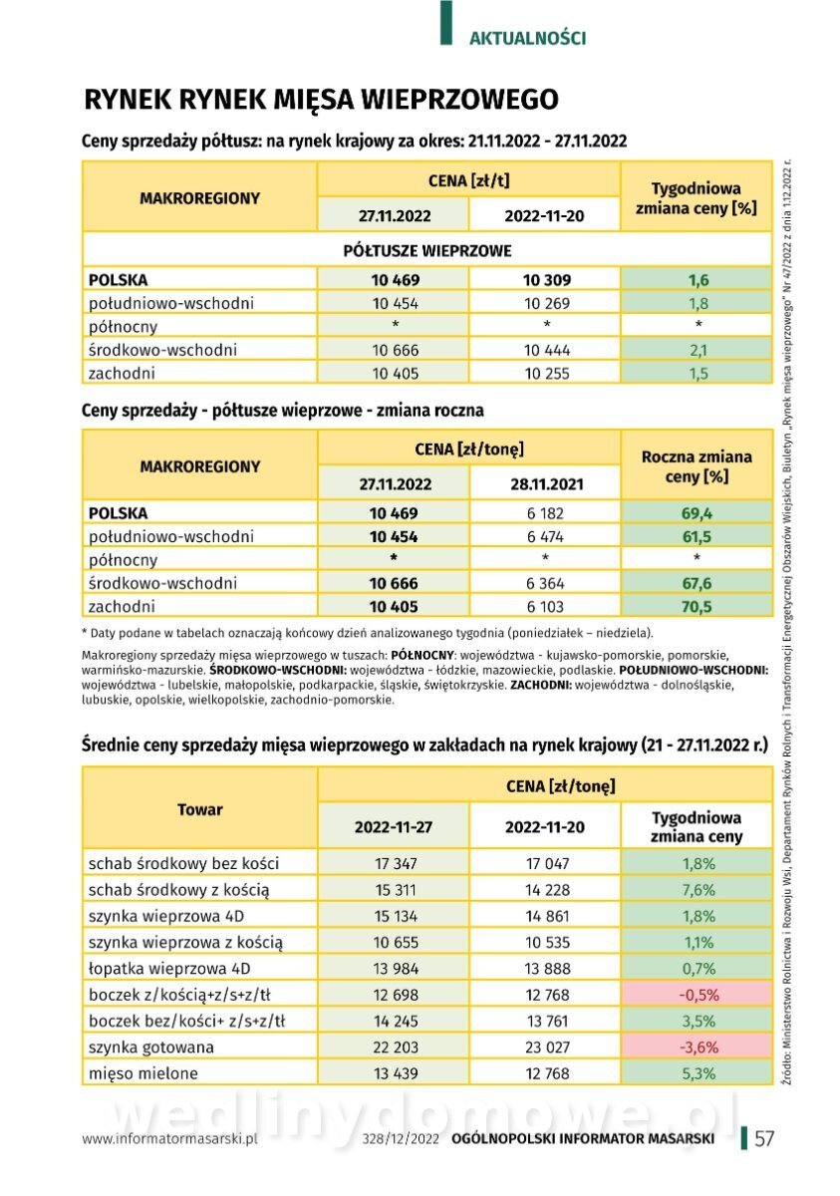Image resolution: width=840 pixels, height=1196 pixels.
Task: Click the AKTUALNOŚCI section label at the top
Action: coord(527,38)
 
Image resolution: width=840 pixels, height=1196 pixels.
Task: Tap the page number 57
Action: coord(765,1139)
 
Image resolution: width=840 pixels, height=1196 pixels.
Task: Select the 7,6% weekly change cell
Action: coord(698,890)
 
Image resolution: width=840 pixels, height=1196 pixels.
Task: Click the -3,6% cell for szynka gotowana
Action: coord(698,1047)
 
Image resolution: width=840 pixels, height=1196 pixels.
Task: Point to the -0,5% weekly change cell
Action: coord(698,995)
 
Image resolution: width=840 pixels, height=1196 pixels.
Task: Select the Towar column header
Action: coord(199,809)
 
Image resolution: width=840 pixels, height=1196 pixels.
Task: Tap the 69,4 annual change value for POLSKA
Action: coord(698,513)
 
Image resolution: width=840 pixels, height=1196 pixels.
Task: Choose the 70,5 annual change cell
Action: coord(698,606)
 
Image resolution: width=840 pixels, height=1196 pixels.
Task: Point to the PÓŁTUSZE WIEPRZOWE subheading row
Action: coord(426,250)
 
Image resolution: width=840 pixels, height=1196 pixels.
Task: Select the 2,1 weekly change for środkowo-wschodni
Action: coord(698,350)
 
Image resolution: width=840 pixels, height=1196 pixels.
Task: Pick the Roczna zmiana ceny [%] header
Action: coord(697,466)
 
